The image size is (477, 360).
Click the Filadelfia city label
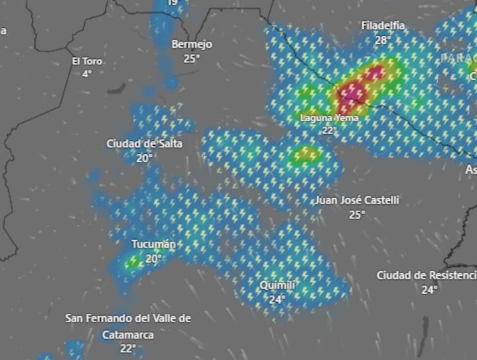tap(383, 26)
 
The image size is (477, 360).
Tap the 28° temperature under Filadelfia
tap(383, 40)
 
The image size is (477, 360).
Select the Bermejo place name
tap(192, 44)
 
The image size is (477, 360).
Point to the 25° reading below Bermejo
tap(192, 58)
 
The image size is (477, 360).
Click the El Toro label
tap(87, 61)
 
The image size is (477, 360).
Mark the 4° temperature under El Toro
tap(87, 74)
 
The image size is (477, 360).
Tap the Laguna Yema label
tap(330, 118)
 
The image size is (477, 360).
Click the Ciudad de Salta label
tap(144, 143)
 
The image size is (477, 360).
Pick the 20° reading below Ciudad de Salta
tap(145, 158)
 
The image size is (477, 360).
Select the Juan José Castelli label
tap(357, 200)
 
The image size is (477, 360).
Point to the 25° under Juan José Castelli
tap(357, 214)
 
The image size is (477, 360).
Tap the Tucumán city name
tap(153, 244)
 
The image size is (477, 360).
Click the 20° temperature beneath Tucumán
tap(153, 259)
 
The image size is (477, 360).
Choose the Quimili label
tap(277, 285)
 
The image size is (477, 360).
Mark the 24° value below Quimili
tap(277, 300)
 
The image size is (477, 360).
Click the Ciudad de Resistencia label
tap(427, 275)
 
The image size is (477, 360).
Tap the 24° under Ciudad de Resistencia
tap(429, 290)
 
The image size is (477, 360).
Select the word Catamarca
tap(128, 335)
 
